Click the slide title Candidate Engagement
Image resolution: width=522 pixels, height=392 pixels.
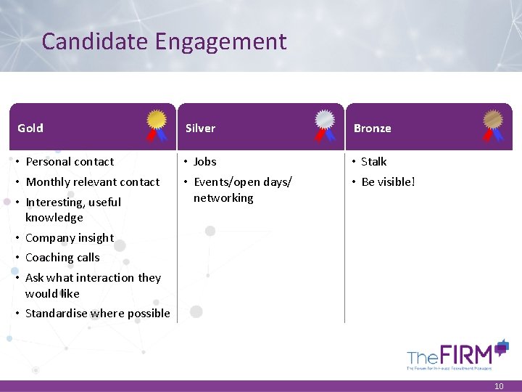pos(164,41)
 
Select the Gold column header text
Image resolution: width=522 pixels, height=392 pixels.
pos(30,128)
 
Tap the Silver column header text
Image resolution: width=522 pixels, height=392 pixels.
pos(200,128)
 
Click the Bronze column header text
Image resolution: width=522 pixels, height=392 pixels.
pos(372,128)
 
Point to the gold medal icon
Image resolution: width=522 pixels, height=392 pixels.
pos(157,124)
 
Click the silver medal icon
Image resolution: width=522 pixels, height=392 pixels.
pos(325,124)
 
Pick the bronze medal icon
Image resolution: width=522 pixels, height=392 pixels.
pos(493,124)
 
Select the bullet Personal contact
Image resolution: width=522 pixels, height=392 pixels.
pos(70,162)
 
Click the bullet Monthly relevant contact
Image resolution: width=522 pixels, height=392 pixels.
pos(92,181)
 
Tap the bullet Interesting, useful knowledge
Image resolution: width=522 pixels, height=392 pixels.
pos(72,209)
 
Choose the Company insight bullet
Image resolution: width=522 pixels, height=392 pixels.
pos(69,237)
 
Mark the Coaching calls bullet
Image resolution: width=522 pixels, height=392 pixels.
pos(62,257)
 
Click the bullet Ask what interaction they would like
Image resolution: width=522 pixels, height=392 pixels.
pos(92,285)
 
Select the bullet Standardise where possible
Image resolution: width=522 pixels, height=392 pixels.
pos(97,314)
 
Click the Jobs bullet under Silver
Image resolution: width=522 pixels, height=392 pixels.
pos(204,162)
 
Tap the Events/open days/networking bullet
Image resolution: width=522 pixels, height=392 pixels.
pos(242,189)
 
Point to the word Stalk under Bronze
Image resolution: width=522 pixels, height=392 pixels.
pos(373,162)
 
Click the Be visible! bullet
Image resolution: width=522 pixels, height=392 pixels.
pos(388,181)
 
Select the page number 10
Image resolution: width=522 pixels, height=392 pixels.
pos(498,386)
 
